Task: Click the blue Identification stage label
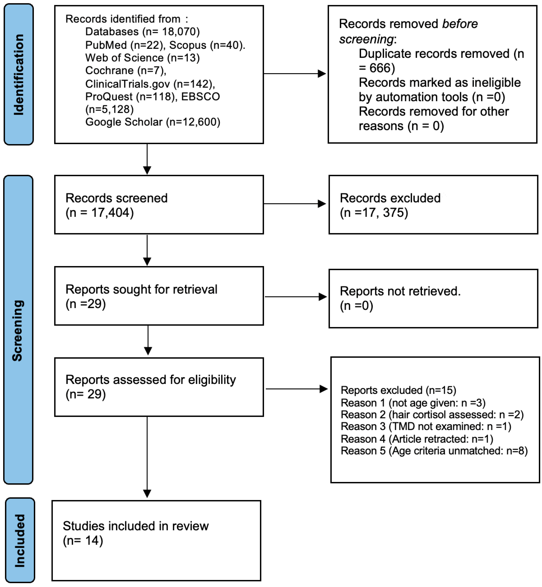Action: (x=18, y=74)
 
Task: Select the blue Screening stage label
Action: (x=18, y=330)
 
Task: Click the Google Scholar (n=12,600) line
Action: (x=153, y=122)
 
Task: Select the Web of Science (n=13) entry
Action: (x=142, y=58)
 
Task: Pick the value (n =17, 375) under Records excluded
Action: (x=374, y=213)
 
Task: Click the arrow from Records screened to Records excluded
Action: (x=295, y=204)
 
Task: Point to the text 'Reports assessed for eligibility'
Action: (x=150, y=380)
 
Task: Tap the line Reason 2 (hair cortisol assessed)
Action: (x=432, y=415)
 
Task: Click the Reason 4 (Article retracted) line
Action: (x=417, y=439)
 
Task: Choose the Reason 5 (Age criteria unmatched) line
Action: (x=434, y=451)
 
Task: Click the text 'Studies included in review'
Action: (x=135, y=526)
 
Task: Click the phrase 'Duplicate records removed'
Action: (x=434, y=54)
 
